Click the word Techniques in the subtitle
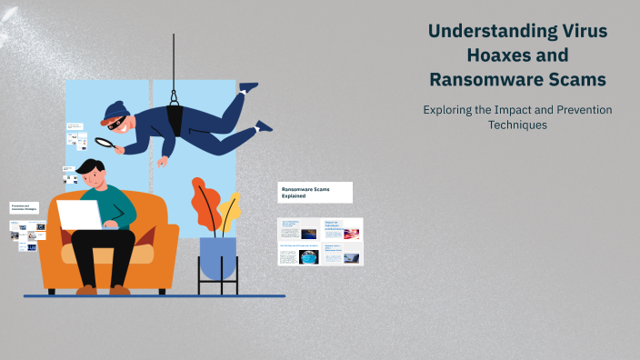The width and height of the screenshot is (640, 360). point(517,125)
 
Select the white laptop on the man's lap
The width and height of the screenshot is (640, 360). point(80,215)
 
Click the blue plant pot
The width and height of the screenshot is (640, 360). point(217,257)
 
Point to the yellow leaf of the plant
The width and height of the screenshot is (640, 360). point(229,211)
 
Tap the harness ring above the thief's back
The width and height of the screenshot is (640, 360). point(173,91)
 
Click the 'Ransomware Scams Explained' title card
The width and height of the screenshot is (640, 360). point(315,192)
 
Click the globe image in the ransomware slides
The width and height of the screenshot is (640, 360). point(309,256)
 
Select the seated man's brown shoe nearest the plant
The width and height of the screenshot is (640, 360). point(121,289)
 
